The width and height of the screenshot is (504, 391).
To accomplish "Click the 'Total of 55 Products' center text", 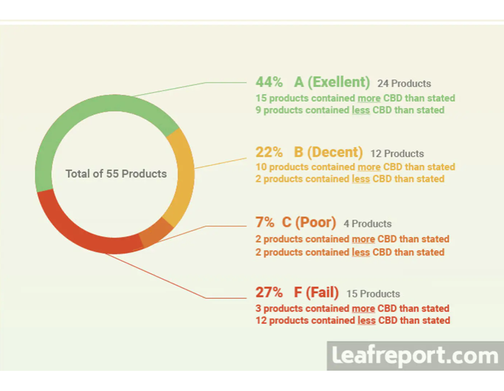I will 116,173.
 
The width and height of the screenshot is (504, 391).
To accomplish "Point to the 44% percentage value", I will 269,82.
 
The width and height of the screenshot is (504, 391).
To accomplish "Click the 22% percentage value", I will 269,152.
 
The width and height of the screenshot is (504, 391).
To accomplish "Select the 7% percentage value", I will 265,223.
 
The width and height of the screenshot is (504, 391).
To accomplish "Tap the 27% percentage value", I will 269,293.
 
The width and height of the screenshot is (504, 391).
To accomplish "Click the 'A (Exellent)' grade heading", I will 332,82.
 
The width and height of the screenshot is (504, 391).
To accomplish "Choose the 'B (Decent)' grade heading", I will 328,152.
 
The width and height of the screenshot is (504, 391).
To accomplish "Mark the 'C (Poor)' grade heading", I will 309,223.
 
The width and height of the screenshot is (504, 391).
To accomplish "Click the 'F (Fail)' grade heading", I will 316,293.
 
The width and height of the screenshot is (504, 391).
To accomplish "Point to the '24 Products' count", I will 404,83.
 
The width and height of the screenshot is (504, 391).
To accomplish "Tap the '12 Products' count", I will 397,153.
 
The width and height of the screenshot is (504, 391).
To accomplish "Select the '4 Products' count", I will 367,224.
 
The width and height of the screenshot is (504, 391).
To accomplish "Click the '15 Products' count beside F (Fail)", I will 373,294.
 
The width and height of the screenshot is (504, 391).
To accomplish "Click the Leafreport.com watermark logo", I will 415,356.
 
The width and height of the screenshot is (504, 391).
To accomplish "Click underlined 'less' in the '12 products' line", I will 367,320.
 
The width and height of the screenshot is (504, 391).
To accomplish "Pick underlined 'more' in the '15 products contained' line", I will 369,98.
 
